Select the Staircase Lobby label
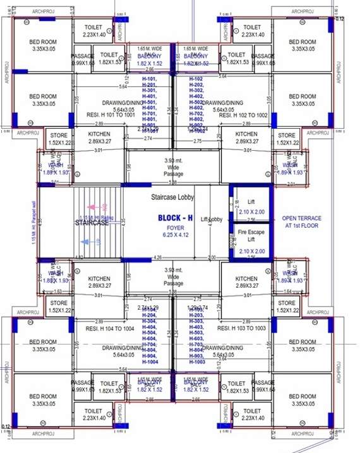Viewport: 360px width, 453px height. [x=171, y=197]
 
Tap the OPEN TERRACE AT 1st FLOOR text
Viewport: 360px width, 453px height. [x=301, y=221]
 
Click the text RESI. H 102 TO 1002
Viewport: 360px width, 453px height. [x=243, y=116]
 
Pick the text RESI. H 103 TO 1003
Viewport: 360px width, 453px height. [x=242, y=329]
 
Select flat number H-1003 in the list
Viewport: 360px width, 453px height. [x=197, y=362]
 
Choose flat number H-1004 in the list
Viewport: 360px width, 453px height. [x=149, y=362]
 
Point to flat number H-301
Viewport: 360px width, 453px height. [x=149, y=90]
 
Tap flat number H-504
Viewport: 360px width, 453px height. [x=149, y=332]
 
